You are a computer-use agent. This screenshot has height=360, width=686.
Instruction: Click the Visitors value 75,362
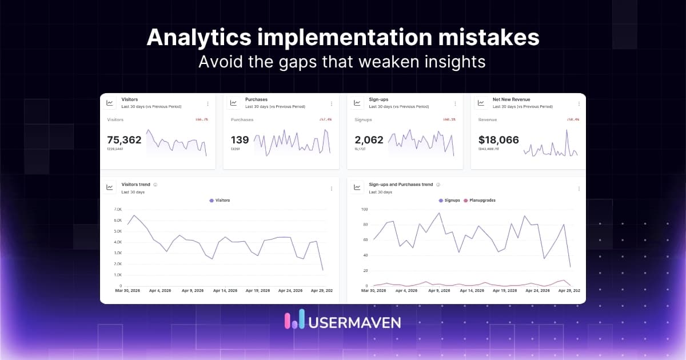click(124, 139)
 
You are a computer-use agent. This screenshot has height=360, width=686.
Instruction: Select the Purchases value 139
click(240, 139)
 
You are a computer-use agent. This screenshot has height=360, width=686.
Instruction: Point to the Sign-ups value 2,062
click(369, 139)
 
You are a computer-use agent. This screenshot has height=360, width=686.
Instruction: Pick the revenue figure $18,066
click(498, 139)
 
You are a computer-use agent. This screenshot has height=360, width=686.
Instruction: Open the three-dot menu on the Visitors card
click(208, 103)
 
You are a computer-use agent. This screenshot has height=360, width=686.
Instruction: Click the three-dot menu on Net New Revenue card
click(579, 103)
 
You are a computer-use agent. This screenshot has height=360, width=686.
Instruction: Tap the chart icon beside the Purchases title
click(233, 103)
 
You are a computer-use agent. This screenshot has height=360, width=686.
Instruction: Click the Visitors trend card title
click(136, 185)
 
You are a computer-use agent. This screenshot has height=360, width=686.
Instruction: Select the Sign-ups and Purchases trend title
click(401, 185)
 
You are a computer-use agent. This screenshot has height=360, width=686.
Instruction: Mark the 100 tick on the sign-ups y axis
click(364, 210)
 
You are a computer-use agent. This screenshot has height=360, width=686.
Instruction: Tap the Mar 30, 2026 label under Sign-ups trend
click(374, 291)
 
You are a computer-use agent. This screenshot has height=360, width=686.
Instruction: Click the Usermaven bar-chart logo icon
click(294, 321)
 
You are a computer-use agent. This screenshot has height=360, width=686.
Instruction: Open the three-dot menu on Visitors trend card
click(331, 189)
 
